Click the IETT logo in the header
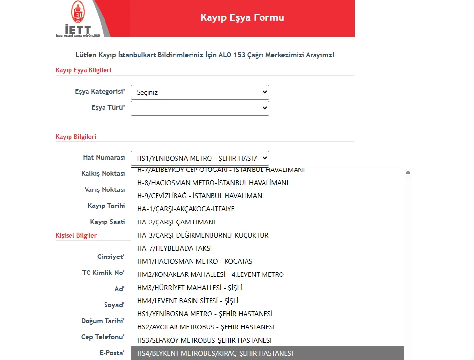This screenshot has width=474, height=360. click(x=78, y=18)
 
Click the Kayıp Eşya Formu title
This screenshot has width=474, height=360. click(x=242, y=17)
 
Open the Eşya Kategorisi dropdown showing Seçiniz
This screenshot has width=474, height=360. click(x=200, y=92)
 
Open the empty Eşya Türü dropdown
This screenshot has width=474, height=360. click(x=200, y=108)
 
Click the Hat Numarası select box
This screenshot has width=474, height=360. click(x=200, y=158)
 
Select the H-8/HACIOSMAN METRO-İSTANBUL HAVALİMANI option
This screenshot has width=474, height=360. click(x=213, y=183)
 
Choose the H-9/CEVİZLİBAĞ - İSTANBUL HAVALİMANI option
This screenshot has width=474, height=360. click(x=201, y=196)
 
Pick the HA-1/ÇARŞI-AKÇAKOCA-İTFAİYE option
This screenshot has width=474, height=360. click(x=186, y=209)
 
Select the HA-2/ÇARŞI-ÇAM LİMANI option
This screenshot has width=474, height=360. click(x=176, y=222)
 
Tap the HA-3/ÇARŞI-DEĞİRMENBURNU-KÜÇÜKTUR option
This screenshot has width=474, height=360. click(x=203, y=235)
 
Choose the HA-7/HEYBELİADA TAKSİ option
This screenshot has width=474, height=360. click(x=175, y=248)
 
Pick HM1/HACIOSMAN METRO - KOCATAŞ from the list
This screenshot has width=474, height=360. click(x=195, y=261)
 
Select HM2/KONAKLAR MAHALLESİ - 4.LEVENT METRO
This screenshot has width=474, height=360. click(x=211, y=274)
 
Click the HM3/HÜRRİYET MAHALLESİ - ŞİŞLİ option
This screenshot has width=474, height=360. click(x=190, y=288)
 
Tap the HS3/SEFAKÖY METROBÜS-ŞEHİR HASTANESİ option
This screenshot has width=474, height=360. click(x=205, y=340)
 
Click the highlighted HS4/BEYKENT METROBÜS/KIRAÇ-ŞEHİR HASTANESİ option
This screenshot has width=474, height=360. click(x=215, y=353)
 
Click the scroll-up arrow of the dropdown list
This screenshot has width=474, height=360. click(x=408, y=172)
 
